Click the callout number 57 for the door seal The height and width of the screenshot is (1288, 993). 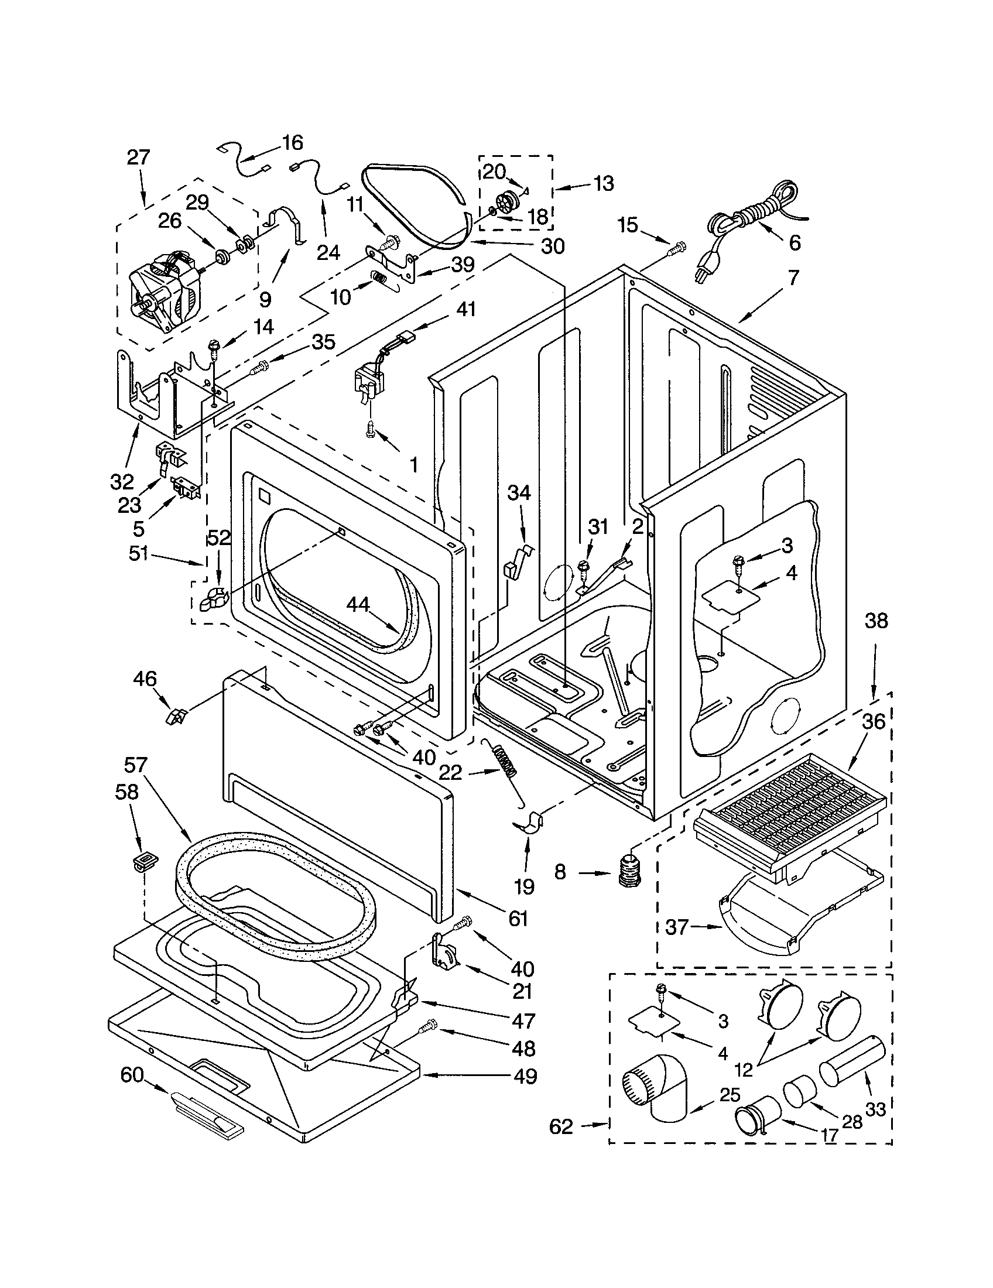[x=137, y=766]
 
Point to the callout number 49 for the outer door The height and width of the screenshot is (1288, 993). [x=525, y=1076]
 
